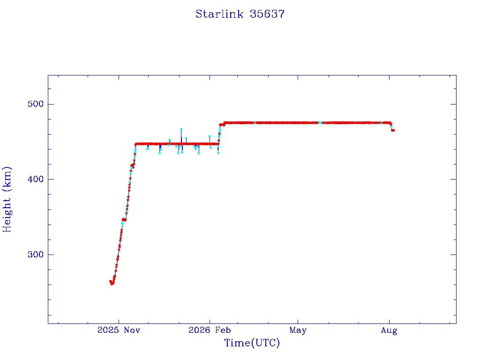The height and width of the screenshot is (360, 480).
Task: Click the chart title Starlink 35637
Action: pyautogui.click(x=240, y=14)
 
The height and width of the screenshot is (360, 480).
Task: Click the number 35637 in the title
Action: pyautogui.click(x=267, y=14)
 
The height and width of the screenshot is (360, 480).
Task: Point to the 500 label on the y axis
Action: pyautogui.click(x=36, y=104)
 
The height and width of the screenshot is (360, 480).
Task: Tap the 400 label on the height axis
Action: pyautogui.click(x=36, y=179)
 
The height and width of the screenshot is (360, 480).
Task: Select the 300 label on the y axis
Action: pyautogui.click(x=36, y=255)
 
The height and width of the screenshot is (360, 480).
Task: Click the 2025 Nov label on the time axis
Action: pyautogui.click(x=119, y=330)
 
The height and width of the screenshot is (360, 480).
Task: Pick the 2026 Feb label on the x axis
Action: pyautogui.click(x=210, y=330)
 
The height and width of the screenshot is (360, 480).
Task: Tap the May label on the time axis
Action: pyautogui.click(x=298, y=330)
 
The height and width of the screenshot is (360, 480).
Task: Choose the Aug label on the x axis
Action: pyautogui.click(x=389, y=330)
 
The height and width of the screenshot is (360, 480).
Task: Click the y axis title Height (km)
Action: pyautogui.click(x=7, y=199)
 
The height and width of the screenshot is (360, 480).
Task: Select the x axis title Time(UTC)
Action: pyautogui.click(x=252, y=343)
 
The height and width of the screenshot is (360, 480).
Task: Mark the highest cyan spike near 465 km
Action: pyautogui.click(x=181, y=129)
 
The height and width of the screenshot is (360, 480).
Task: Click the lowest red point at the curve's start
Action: pyautogui.click(x=112, y=284)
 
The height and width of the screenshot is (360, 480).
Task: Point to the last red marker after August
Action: pyautogui.click(x=393, y=130)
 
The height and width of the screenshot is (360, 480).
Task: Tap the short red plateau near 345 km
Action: pyautogui.click(x=124, y=219)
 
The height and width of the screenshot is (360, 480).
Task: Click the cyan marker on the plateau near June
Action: pyautogui.click(x=320, y=123)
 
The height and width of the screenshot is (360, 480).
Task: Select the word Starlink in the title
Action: pyautogui.click(x=219, y=14)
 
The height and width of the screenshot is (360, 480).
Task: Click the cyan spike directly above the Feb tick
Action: pyautogui.click(x=210, y=136)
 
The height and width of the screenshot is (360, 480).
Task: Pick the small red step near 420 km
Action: pyautogui.click(x=133, y=165)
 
